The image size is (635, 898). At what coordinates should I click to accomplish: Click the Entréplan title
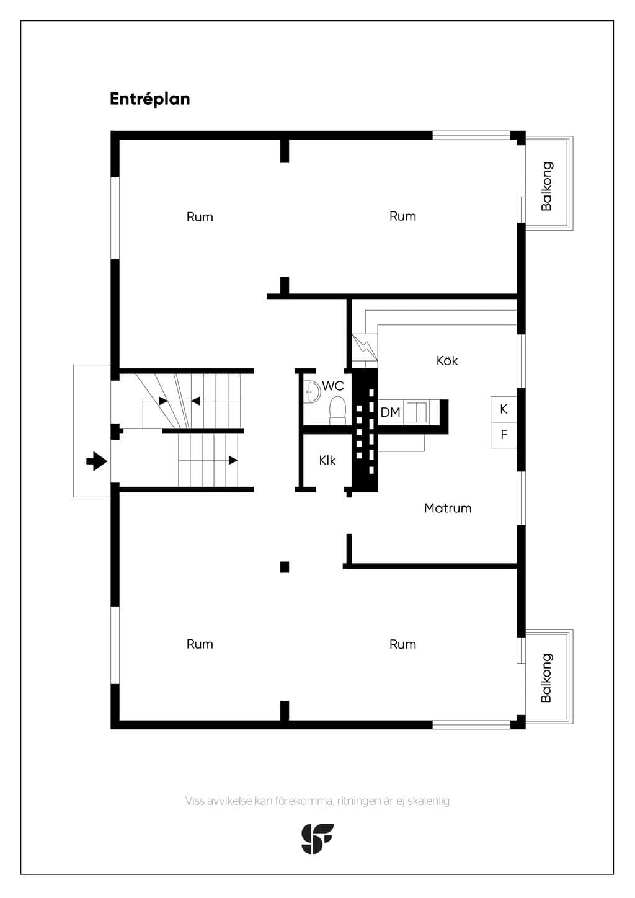pyautogui.click(x=150, y=99)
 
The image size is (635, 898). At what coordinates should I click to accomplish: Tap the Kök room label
pyautogui.click(x=447, y=360)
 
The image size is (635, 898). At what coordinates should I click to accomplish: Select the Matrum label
pyautogui.click(x=447, y=509)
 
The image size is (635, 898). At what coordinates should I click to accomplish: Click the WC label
pyautogui.click(x=333, y=386)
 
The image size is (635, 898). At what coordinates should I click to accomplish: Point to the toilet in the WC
pyautogui.click(x=337, y=410)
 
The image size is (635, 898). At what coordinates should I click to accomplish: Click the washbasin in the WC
pyautogui.click(x=312, y=390)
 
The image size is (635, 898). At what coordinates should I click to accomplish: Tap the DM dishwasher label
pyautogui.click(x=390, y=412)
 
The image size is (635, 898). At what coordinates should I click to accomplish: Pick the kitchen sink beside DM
pyautogui.click(x=417, y=412)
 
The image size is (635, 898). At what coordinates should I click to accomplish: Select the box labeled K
pyautogui.click(x=504, y=409)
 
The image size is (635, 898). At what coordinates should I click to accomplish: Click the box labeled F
pyautogui.click(x=504, y=435)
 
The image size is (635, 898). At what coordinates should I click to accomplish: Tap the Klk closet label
pyautogui.click(x=327, y=460)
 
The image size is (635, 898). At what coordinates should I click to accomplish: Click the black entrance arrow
pyautogui.click(x=97, y=461)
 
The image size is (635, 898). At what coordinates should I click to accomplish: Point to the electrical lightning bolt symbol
pyautogui.click(x=365, y=347)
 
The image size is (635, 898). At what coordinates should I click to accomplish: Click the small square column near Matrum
pyautogui.click(x=285, y=567)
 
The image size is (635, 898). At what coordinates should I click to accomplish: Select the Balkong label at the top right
pyautogui.click(x=546, y=186)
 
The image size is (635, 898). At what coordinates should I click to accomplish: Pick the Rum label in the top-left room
pyautogui.click(x=200, y=217)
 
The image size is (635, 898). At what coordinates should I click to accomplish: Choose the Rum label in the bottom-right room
pyautogui.click(x=402, y=644)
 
